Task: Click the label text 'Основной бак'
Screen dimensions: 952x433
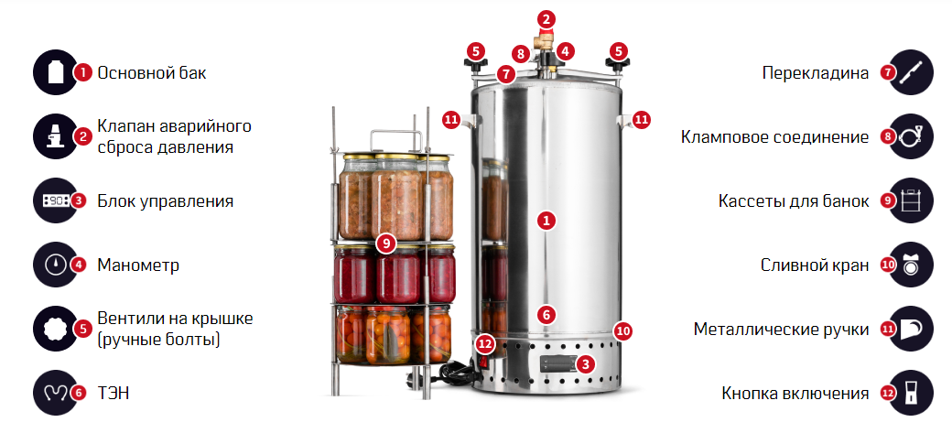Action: tap(152, 73)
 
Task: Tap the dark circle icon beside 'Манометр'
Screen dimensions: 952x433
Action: tap(56, 265)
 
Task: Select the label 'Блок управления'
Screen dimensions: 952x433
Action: tap(165, 201)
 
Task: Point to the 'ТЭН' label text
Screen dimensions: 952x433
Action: tap(113, 393)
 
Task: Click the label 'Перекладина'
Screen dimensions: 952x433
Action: tap(816, 73)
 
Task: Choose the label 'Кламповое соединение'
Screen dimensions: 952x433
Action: tap(774, 137)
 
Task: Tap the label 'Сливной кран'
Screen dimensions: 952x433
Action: tap(815, 265)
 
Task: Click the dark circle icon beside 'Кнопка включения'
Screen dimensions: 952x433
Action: tap(910, 393)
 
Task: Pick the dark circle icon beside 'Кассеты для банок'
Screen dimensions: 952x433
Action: tap(910, 201)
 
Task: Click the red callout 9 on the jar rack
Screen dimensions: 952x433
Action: tap(386, 244)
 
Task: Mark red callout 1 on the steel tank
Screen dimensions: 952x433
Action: tap(546, 221)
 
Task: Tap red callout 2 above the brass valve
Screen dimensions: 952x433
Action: tap(546, 19)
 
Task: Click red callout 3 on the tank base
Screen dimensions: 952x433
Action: tap(585, 363)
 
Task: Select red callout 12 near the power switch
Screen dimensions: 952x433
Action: tap(484, 343)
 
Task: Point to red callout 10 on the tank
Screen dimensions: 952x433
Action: tap(623, 331)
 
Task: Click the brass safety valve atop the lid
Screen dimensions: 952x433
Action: tap(543, 41)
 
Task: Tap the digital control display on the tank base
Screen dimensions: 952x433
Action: tap(558, 364)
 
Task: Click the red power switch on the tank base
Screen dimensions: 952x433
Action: tap(484, 363)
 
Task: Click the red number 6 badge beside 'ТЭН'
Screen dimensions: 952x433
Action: tap(78, 393)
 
